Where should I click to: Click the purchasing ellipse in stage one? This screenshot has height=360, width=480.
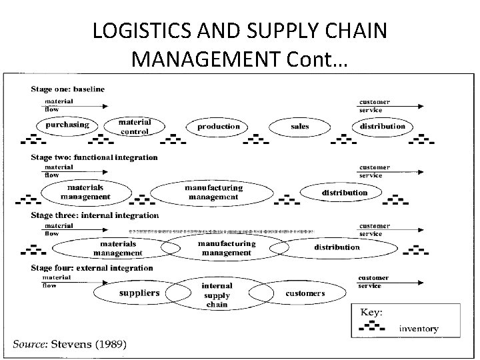tap(67, 125)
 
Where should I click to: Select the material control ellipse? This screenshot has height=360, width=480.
tap(135, 126)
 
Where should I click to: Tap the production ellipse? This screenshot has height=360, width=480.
tap(218, 126)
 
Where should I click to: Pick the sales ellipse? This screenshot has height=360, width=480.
tap(299, 126)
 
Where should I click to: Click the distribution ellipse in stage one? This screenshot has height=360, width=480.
tap(382, 126)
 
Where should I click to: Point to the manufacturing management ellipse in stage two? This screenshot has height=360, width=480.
tap(212, 193)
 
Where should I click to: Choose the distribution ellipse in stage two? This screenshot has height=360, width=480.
tap(345, 193)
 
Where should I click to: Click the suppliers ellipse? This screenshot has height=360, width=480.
tap(139, 293)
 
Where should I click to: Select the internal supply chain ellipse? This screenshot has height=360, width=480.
tap(217, 295)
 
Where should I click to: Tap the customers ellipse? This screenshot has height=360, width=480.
tap(305, 293)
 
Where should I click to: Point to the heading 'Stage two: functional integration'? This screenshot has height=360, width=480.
tap(93, 158)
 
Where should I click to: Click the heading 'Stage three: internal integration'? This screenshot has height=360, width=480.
tap(94, 215)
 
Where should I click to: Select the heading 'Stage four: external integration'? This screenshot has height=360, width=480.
tap(91, 268)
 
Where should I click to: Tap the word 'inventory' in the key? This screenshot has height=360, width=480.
tap(419, 328)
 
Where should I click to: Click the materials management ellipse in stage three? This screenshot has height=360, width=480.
tap(117, 249)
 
